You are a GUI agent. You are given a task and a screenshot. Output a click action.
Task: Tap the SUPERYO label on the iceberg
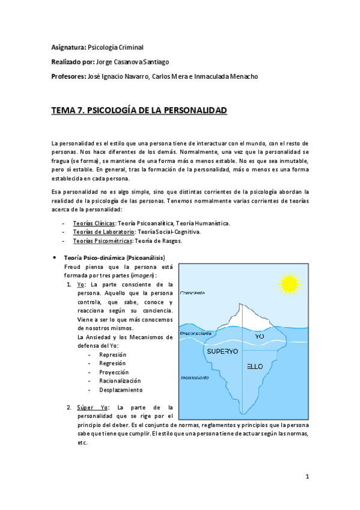[x=222, y=350]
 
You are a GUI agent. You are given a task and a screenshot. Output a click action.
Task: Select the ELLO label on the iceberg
[x=255, y=366]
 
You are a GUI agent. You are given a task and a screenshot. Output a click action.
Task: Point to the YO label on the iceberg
[x=259, y=337]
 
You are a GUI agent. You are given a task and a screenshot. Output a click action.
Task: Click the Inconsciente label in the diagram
[x=195, y=378]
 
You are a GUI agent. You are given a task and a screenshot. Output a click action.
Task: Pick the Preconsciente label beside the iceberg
[x=196, y=332]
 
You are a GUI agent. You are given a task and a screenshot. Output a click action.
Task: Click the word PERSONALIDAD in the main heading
[x=190, y=111]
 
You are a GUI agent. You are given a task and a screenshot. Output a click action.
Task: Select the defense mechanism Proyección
[x=114, y=372]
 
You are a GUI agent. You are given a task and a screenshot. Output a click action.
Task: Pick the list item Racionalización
[x=120, y=381]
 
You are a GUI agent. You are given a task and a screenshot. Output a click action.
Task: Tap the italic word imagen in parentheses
[x=142, y=275]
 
